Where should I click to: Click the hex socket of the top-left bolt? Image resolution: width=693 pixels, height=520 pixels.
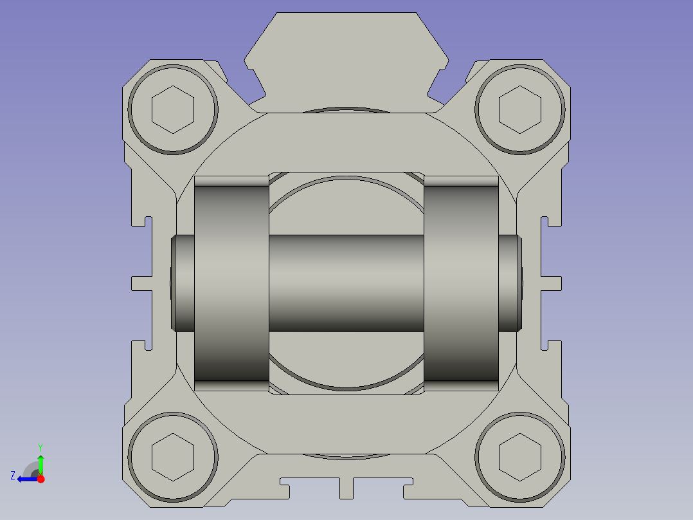[172, 109]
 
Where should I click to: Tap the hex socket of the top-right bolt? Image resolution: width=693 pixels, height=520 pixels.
[519, 109]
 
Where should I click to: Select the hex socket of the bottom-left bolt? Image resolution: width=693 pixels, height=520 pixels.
[172, 457]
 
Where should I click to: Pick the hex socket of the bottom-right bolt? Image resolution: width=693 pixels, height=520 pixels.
[519, 457]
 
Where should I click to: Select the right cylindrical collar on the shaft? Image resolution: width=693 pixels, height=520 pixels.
[461, 283]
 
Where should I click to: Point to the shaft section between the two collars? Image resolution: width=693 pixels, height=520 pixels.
[346, 283]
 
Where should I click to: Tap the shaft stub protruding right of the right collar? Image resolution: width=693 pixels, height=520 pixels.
[509, 283]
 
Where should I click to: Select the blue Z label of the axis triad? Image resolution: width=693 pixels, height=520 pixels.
[13, 476]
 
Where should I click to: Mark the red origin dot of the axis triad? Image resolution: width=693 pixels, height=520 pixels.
[40, 479]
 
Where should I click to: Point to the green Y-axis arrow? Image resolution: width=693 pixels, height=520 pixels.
[40, 463]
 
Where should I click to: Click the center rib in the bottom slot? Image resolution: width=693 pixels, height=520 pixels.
[346, 487]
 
